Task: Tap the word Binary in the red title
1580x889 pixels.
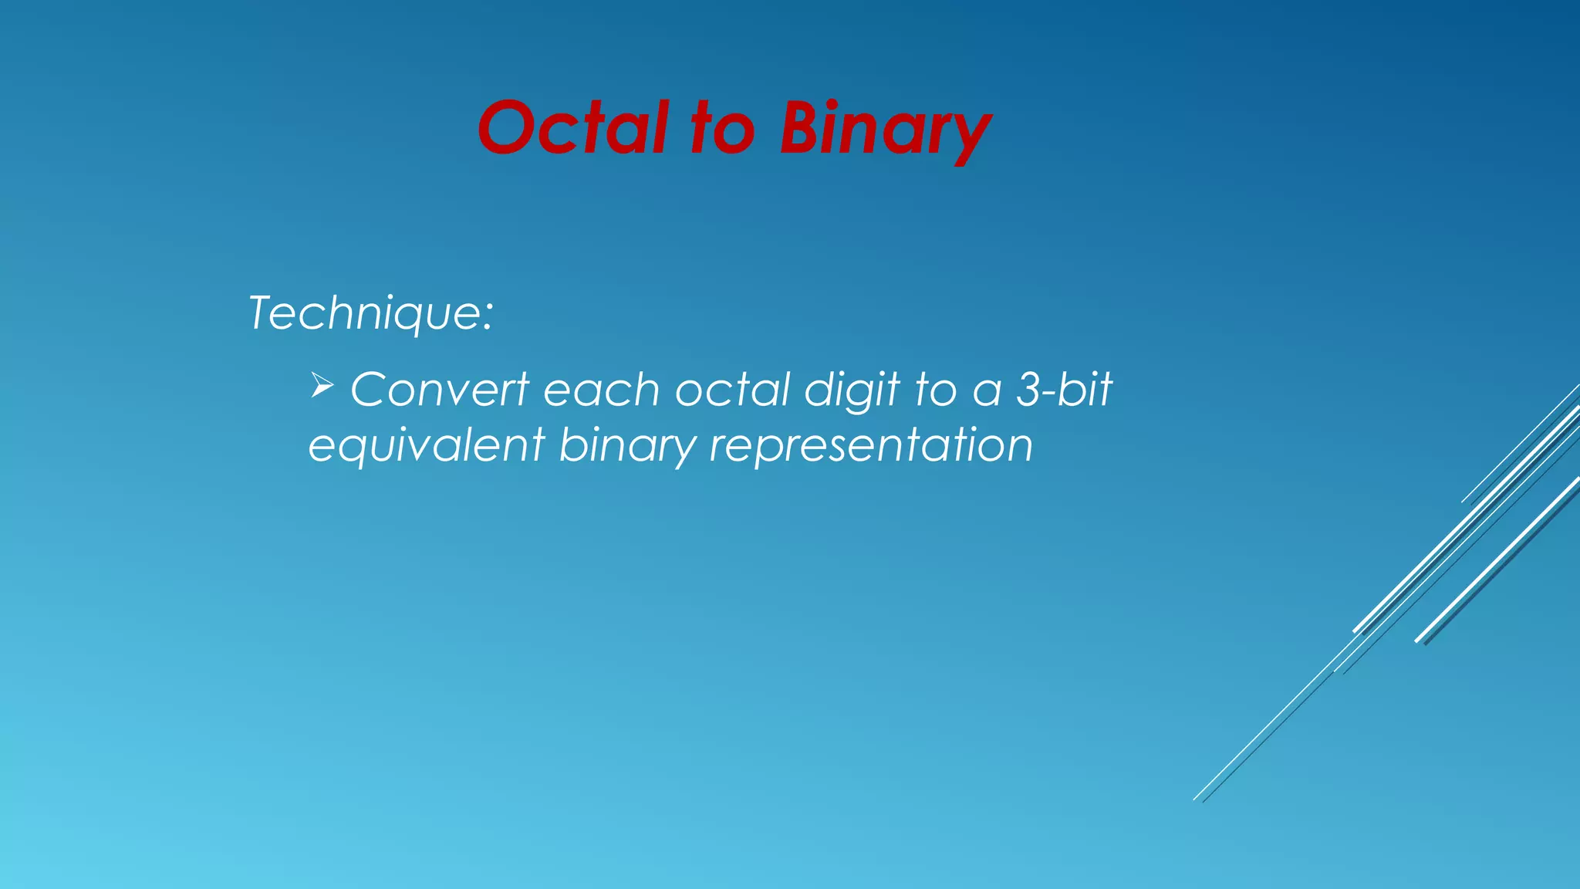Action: (884, 130)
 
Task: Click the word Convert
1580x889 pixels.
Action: (440, 390)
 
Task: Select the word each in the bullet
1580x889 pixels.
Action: (602, 390)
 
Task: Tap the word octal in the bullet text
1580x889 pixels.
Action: (733, 390)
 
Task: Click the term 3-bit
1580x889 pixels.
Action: (1064, 390)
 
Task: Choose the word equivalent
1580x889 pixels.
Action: (427, 447)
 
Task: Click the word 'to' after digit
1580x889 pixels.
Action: (935, 390)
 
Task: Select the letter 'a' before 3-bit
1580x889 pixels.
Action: (987, 392)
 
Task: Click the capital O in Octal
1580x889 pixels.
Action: (509, 128)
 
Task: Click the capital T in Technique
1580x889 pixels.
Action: (263, 313)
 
